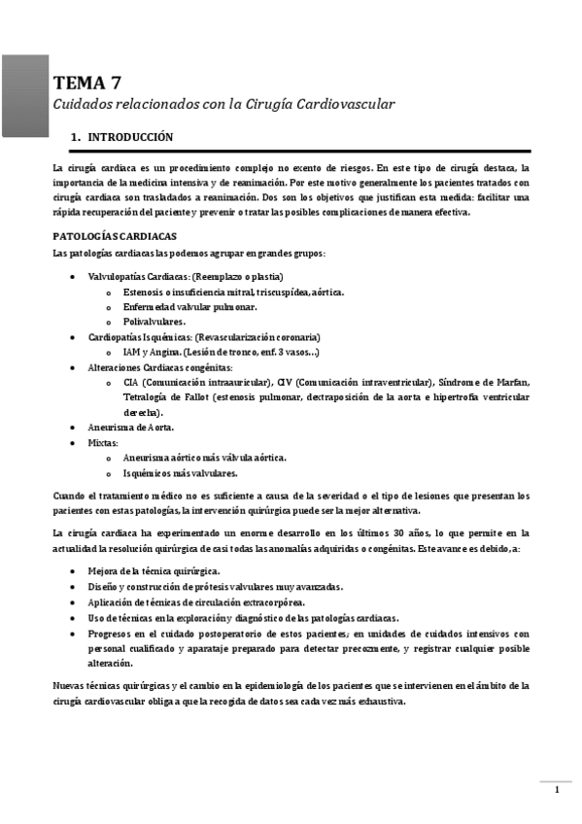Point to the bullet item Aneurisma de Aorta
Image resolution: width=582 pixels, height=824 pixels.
click(131, 428)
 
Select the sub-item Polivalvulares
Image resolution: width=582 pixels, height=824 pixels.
click(154, 322)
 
